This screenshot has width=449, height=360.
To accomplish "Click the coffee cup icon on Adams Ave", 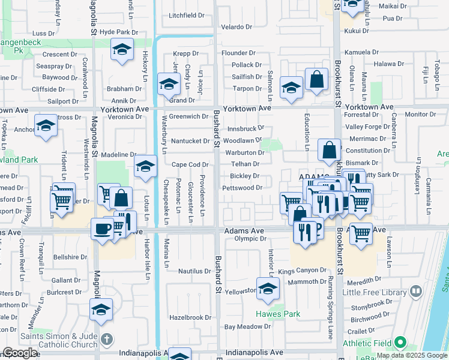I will (x=101, y=228).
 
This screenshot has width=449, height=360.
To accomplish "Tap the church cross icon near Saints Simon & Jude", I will (x=107, y=339).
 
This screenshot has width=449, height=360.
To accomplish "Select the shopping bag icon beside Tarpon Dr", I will (x=316, y=80).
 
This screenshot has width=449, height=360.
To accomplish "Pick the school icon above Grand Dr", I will (x=169, y=84).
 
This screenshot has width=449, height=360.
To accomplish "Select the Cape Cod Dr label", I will (x=190, y=164).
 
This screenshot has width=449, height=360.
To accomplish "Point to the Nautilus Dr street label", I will (x=194, y=271).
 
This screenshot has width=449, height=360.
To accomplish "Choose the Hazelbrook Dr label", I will (x=190, y=317).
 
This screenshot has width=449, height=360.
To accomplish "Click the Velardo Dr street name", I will (x=237, y=27).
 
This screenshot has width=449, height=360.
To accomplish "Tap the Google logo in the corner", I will (x=19, y=353).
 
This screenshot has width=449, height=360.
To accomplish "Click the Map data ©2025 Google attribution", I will (x=412, y=355).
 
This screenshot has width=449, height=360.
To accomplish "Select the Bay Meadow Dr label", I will (x=244, y=327).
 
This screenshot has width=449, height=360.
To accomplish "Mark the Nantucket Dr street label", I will (x=190, y=141).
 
